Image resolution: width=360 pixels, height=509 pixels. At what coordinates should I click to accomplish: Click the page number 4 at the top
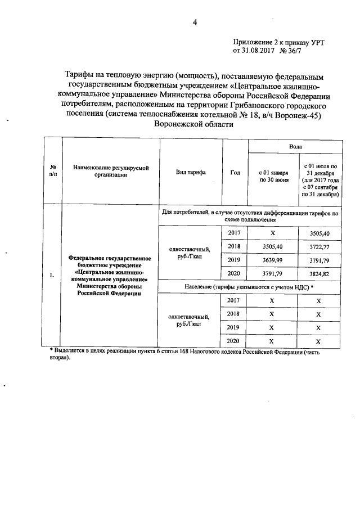coord(195,22)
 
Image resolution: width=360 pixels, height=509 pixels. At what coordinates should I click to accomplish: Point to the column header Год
coord(235,173)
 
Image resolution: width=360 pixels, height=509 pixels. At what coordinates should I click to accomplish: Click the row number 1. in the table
coord(51,274)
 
